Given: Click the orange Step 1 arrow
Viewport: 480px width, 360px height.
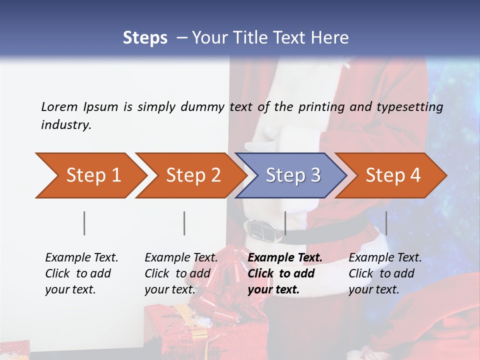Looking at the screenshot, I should [x=90, y=175].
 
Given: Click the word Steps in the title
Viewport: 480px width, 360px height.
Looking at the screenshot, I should [x=145, y=38].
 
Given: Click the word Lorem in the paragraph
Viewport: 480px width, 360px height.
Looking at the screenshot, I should [x=59, y=106].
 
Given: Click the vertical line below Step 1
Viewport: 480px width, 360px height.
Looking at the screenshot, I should [x=84, y=223].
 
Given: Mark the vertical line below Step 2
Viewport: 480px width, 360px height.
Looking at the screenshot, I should [x=184, y=223].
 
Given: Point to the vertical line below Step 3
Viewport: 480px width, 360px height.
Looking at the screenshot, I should [x=285, y=223].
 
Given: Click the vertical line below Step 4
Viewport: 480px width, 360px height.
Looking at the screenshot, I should [x=386, y=223].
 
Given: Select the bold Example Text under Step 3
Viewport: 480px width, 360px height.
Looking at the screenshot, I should [x=285, y=258].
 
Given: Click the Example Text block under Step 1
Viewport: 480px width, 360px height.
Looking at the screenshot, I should [x=81, y=273].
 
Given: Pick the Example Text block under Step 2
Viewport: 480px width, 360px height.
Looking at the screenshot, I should [x=181, y=273].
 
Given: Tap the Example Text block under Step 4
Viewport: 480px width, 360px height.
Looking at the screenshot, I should [x=385, y=273].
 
